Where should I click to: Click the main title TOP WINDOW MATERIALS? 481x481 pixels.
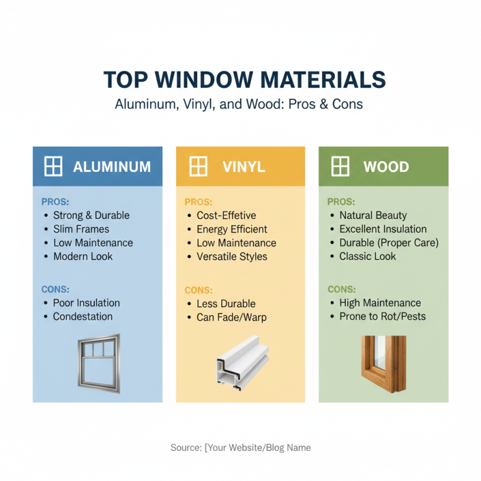tap(240, 80)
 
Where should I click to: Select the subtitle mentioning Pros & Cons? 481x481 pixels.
tap(239, 104)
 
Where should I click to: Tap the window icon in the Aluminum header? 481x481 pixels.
tap(54, 167)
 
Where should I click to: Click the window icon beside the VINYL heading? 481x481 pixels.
tap(198, 167)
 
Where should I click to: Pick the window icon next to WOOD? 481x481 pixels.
tap(340, 167)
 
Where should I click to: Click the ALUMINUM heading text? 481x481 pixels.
tap(112, 167)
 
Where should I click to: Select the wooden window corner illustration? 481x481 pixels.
tap(383, 364)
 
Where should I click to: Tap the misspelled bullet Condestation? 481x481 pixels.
tap(82, 316)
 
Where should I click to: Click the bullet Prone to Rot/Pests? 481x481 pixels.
tap(382, 316)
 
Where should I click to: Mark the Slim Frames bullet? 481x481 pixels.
tap(81, 229)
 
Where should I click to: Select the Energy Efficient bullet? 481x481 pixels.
tap(231, 229)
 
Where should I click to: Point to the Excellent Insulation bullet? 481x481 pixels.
tap(383, 229)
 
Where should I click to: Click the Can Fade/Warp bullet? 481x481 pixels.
tap(231, 317)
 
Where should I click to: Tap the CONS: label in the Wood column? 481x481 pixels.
tap(341, 289)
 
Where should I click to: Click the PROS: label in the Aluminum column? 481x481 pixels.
tap(55, 202)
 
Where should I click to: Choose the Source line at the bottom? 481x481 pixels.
tap(240, 447)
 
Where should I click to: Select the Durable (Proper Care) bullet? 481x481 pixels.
tap(388, 243)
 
